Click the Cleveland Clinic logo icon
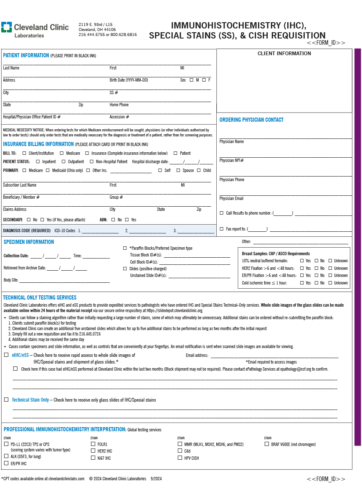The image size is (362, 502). pos(6,27)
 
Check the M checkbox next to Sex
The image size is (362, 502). pos(191,80)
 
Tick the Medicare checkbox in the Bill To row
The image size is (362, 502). pos(61,153)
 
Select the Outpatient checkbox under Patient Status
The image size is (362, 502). pos(63,161)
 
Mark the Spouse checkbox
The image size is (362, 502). pos(178,170)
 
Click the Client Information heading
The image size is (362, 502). pos(284,54)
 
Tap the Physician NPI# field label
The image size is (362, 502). pos(232,161)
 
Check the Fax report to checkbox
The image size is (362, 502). pos(221,229)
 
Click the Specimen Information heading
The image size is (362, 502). pos(29,242)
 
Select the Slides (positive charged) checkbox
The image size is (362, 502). pos(124,269)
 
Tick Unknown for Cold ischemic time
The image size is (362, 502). pos(330,283)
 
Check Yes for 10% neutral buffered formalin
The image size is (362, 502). pos(301,261)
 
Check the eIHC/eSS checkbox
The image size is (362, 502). pos(6,355)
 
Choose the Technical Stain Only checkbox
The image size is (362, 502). pos(6,400)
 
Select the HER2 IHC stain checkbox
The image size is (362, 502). pos(93,451)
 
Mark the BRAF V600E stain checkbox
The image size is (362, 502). pos(266,444)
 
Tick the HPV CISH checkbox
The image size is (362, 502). pos(180,458)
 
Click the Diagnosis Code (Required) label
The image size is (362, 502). pos(27,231)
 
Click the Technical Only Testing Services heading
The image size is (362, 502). pos(40,297)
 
